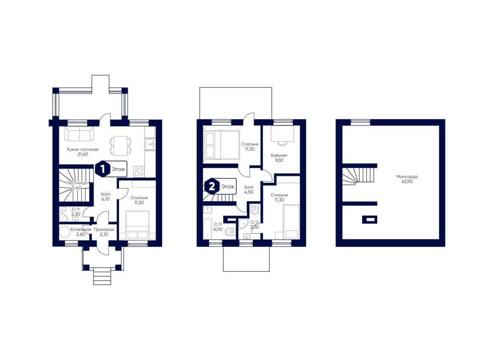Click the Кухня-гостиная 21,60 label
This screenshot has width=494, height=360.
coord(83,152)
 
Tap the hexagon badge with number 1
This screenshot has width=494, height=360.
coord(103,169)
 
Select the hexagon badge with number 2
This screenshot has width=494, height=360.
coord(212,186)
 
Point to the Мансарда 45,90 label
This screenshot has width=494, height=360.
coord(407,179)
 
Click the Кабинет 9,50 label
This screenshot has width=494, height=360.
coord(279,158)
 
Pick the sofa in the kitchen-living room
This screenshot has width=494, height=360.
coord(79,134)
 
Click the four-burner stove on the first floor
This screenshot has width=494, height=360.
coord(139,172)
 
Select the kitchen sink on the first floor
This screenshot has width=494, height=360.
coord(150,144)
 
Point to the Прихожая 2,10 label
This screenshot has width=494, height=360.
coord(104,232)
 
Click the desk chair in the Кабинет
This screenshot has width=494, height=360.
coord(282,144)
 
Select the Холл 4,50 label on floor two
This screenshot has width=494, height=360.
coord(249,190)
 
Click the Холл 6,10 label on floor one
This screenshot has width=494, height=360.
coord(105,197)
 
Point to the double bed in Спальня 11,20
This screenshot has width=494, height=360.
coord(137,225)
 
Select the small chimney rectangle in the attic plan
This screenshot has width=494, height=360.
coord(370,219)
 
